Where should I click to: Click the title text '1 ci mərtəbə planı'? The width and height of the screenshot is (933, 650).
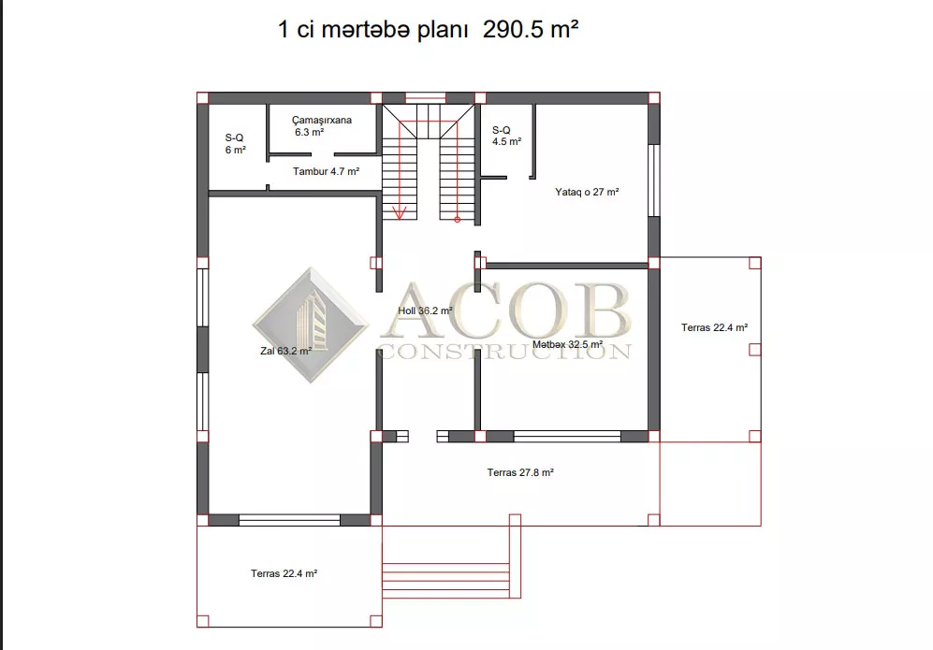(x=373, y=29)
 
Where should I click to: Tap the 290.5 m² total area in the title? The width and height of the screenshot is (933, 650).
(x=531, y=29)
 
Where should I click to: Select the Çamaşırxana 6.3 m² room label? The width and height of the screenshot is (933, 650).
(x=321, y=126)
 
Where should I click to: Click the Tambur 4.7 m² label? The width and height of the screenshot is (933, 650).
(x=326, y=171)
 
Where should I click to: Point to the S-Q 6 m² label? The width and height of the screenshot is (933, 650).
(x=235, y=144)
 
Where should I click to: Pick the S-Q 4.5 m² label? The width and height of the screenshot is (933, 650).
(x=506, y=136)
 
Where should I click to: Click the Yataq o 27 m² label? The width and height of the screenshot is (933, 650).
(x=587, y=192)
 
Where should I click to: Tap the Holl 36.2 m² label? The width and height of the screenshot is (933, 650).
(x=425, y=311)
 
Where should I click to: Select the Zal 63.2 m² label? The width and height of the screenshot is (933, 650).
(x=285, y=351)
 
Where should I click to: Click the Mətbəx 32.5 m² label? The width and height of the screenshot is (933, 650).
(x=567, y=344)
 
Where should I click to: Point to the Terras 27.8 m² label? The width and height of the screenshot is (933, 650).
(x=520, y=472)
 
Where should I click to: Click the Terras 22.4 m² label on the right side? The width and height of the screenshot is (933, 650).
(x=714, y=327)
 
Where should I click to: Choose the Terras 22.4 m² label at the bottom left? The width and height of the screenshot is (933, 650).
(x=284, y=573)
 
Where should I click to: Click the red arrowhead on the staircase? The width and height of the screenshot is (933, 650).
(x=399, y=213)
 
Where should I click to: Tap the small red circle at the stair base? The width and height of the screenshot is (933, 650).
(x=457, y=220)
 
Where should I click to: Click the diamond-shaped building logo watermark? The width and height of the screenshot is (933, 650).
(x=311, y=325)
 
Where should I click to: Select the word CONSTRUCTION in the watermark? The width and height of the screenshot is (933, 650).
(x=504, y=352)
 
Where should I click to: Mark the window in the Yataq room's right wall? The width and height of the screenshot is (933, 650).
(x=654, y=181)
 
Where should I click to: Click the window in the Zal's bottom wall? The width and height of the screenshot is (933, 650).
(x=289, y=520)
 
